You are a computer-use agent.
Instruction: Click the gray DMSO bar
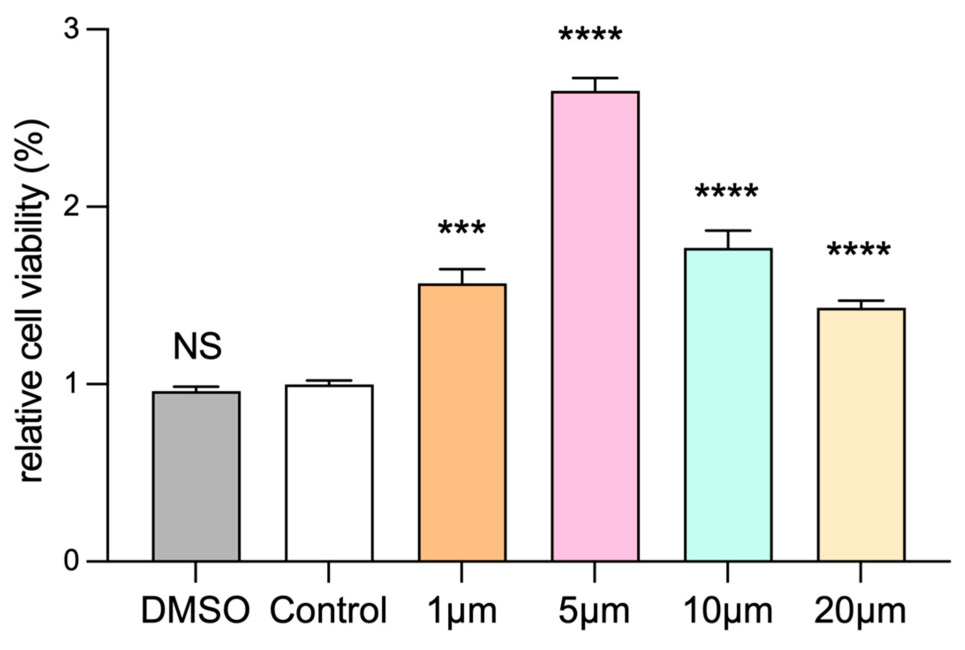196,477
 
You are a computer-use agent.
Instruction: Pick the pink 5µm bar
595,327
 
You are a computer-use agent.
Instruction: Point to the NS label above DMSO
197,347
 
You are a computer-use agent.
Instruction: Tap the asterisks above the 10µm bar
727,192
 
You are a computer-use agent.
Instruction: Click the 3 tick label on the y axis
72,30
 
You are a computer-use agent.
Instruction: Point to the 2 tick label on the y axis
72,207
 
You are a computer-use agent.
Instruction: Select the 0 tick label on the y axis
72,561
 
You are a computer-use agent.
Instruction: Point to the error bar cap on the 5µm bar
595,78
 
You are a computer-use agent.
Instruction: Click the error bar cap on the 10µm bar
728,231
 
